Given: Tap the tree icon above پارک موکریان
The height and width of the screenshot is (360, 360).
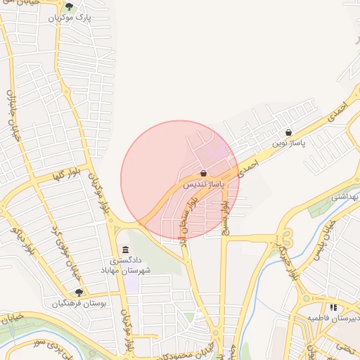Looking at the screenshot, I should (68, 7).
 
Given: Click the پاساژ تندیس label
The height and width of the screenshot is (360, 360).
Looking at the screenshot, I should (202, 185).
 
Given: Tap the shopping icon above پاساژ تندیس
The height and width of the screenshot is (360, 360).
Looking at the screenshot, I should (203, 173).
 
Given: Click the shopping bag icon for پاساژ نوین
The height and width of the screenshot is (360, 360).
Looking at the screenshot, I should (289, 131).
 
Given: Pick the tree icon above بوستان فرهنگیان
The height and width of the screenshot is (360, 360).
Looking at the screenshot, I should (78, 292).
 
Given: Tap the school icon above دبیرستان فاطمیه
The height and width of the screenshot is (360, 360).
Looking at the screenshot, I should (333, 307).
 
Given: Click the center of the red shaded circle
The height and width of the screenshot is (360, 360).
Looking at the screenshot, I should (180, 180).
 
